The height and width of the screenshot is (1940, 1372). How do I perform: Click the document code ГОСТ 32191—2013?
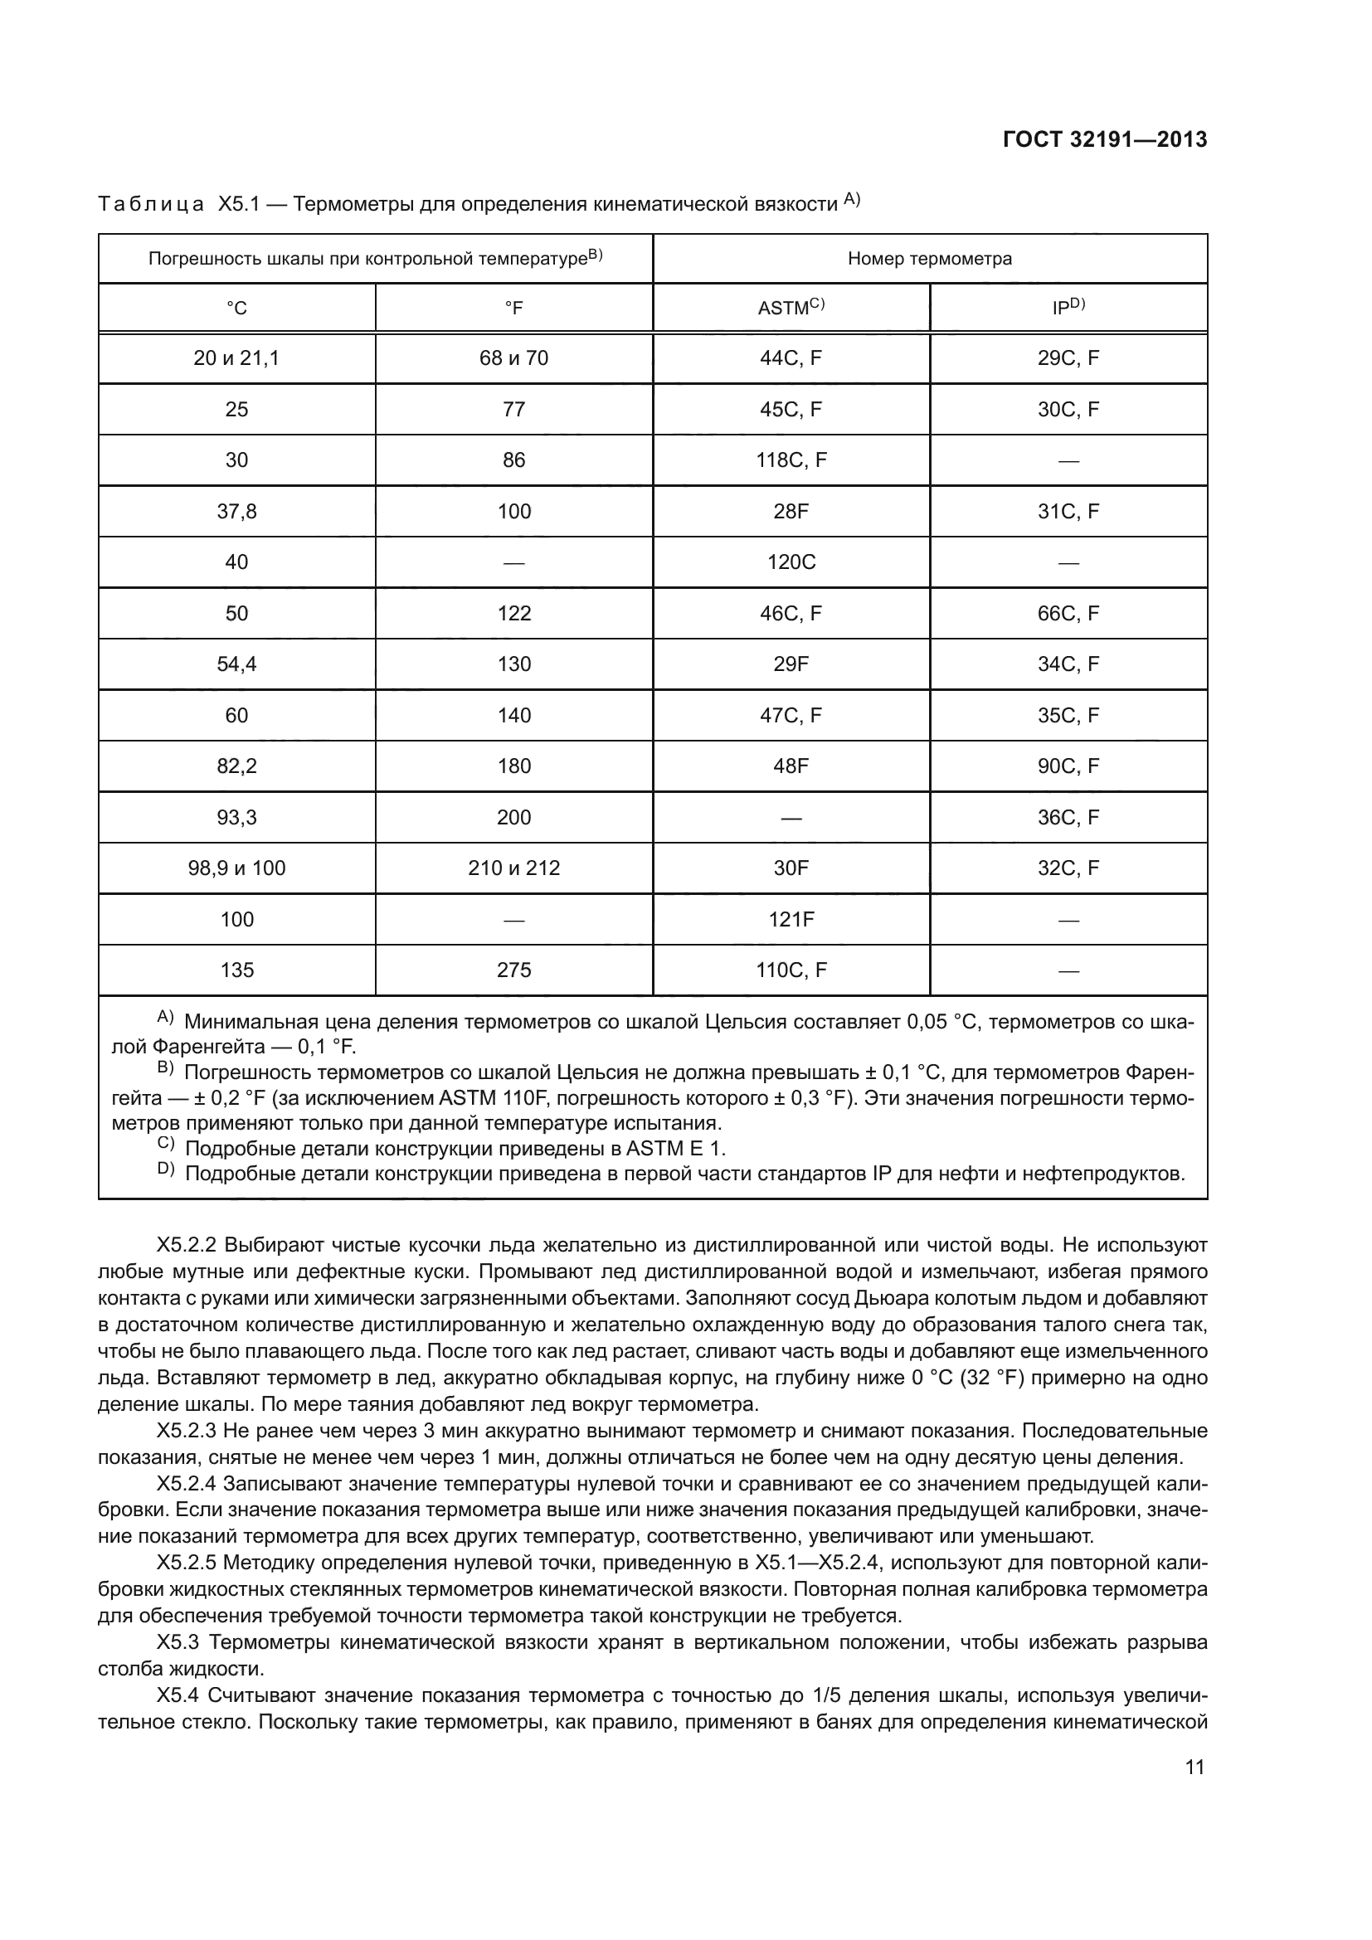click(1104, 140)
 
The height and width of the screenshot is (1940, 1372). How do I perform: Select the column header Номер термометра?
click(929, 259)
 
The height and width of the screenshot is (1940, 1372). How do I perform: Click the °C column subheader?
click(236, 309)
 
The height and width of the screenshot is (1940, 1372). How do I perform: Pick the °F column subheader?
click(513, 309)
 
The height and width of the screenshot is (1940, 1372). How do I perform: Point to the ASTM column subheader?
click(791, 308)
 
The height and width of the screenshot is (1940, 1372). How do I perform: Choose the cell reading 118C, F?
click(791, 460)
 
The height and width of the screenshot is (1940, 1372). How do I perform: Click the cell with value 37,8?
click(236, 511)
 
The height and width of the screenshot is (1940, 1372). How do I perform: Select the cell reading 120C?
click(791, 562)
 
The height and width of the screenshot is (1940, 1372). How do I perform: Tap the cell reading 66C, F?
click(1068, 614)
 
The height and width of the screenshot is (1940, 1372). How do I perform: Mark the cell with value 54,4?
click(236, 664)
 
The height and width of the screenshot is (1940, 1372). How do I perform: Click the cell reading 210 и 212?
click(513, 868)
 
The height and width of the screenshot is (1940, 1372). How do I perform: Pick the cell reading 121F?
click(791, 919)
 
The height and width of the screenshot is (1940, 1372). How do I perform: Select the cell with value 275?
click(513, 970)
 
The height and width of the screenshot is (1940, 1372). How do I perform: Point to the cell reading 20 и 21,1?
click(236, 358)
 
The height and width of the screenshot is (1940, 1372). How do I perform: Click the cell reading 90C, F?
click(1068, 766)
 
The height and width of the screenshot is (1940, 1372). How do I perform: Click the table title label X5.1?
click(237, 205)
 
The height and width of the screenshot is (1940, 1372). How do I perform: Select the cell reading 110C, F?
click(791, 970)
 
